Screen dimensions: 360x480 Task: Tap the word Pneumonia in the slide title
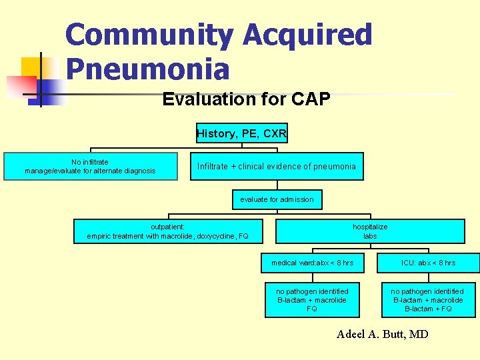(x=147, y=69)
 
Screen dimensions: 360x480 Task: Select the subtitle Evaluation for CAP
(x=246, y=100)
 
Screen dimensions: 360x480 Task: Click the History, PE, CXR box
(x=241, y=133)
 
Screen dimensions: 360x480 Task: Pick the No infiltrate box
(x=90, y=167)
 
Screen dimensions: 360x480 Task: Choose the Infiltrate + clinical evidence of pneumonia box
(x=277, y=167)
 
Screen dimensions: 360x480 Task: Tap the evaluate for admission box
(x=277, y=199)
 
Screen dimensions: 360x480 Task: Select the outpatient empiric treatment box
(x=167, y=231)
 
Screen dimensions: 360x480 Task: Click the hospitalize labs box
(x=370, y=231)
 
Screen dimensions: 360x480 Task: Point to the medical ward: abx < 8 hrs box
(x=312, y=263)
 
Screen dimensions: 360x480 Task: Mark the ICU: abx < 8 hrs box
(x=428, y=263)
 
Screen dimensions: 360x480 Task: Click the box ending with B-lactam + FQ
(x=428, y=300)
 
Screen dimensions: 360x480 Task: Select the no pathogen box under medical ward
(x=312, y=300)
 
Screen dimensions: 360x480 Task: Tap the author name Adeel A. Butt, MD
(x=383, y=334)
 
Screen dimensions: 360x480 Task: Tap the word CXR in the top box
(x=275, y=133)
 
